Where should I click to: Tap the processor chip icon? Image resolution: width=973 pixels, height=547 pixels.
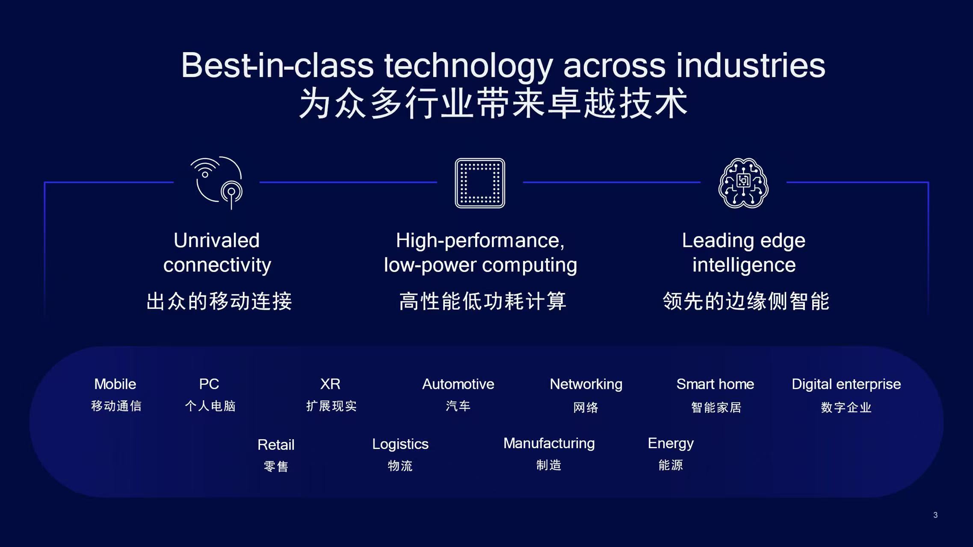pos(480,183)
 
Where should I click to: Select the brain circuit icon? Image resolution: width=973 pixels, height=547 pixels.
pos(743,183)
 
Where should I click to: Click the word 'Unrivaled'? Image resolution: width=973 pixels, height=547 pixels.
pos(216,240)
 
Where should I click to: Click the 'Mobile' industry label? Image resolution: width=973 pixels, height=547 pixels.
pos(115,384)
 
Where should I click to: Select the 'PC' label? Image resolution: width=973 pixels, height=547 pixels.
pos(209,384)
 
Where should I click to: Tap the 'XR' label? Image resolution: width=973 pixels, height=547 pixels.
pos(330,384)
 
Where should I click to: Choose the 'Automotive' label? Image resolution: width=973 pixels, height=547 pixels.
pos(458,384)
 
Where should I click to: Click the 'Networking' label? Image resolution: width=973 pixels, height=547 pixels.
pos(586,384)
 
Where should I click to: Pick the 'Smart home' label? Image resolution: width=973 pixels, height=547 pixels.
pos(715,384)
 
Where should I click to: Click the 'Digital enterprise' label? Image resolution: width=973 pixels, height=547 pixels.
pos(846,384)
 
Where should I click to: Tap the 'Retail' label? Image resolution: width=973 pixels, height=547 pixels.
pos(276,445)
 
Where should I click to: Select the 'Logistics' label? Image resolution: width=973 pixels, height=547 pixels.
pos(400,444)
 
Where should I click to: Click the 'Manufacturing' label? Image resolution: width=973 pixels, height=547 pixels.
pos(549,443)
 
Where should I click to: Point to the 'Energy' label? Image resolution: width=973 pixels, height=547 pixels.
pos(671,443)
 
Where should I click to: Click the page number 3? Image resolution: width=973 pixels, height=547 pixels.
pos(935,515)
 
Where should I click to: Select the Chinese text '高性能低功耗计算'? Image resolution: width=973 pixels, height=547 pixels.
pos(482,301)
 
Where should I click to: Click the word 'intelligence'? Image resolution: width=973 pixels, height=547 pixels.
pos(744,265)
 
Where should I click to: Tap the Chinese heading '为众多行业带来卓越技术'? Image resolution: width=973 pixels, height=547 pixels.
pos(493,103)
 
